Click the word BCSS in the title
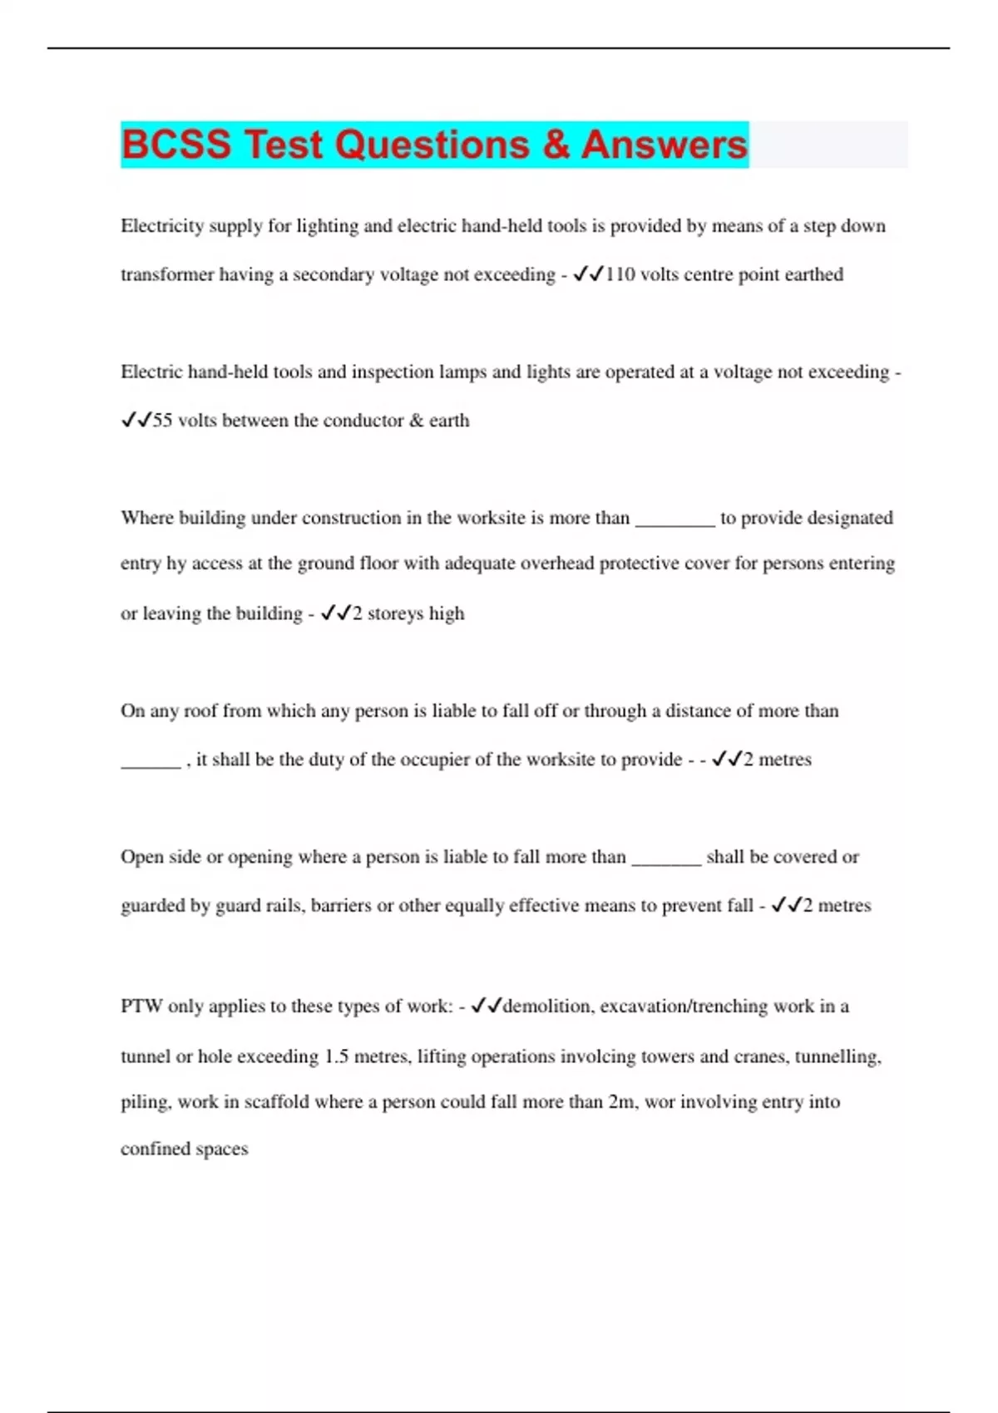[176, 145]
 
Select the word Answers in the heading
[664, 145]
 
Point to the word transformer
[166, 274]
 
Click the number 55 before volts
[162, 421]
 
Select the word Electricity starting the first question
[161, 226]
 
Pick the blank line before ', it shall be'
[151, 765]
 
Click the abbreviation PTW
[141, 1007]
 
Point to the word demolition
[548, 1007]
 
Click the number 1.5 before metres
[336, 1056]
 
